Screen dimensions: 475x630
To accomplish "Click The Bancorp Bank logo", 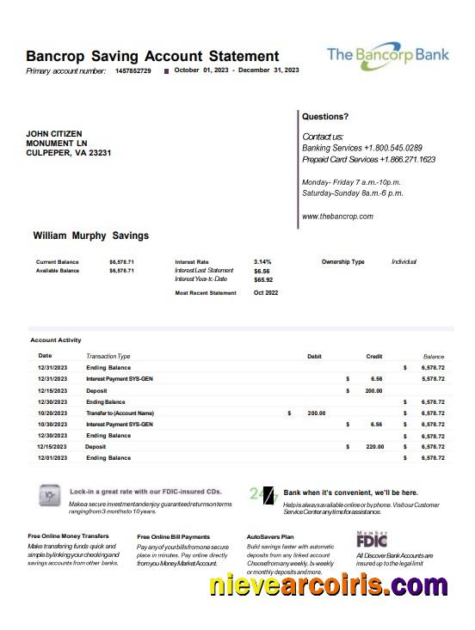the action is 387,55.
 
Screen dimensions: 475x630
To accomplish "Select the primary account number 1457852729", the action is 133,70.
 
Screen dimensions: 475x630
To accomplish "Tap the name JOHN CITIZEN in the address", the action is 54,134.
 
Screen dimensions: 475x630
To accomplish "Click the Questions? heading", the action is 325,116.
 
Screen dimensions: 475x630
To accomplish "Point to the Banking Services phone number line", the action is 361,148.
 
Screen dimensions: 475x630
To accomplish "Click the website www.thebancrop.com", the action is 337,217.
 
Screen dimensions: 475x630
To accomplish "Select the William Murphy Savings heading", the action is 90,235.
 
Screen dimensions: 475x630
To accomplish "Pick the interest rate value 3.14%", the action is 262,261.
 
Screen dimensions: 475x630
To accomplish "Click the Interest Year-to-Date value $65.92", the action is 263,279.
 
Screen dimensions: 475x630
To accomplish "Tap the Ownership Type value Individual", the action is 404,261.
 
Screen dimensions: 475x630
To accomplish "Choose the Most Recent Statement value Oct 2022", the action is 265,293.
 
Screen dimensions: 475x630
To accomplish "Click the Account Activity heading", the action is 56,340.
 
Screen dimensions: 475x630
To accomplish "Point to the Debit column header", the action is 314,356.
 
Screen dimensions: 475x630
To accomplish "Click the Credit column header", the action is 374,356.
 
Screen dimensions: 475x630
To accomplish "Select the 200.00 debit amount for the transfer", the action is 316,413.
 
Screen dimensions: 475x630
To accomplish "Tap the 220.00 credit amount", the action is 373,447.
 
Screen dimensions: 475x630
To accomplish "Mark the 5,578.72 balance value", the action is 433,378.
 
